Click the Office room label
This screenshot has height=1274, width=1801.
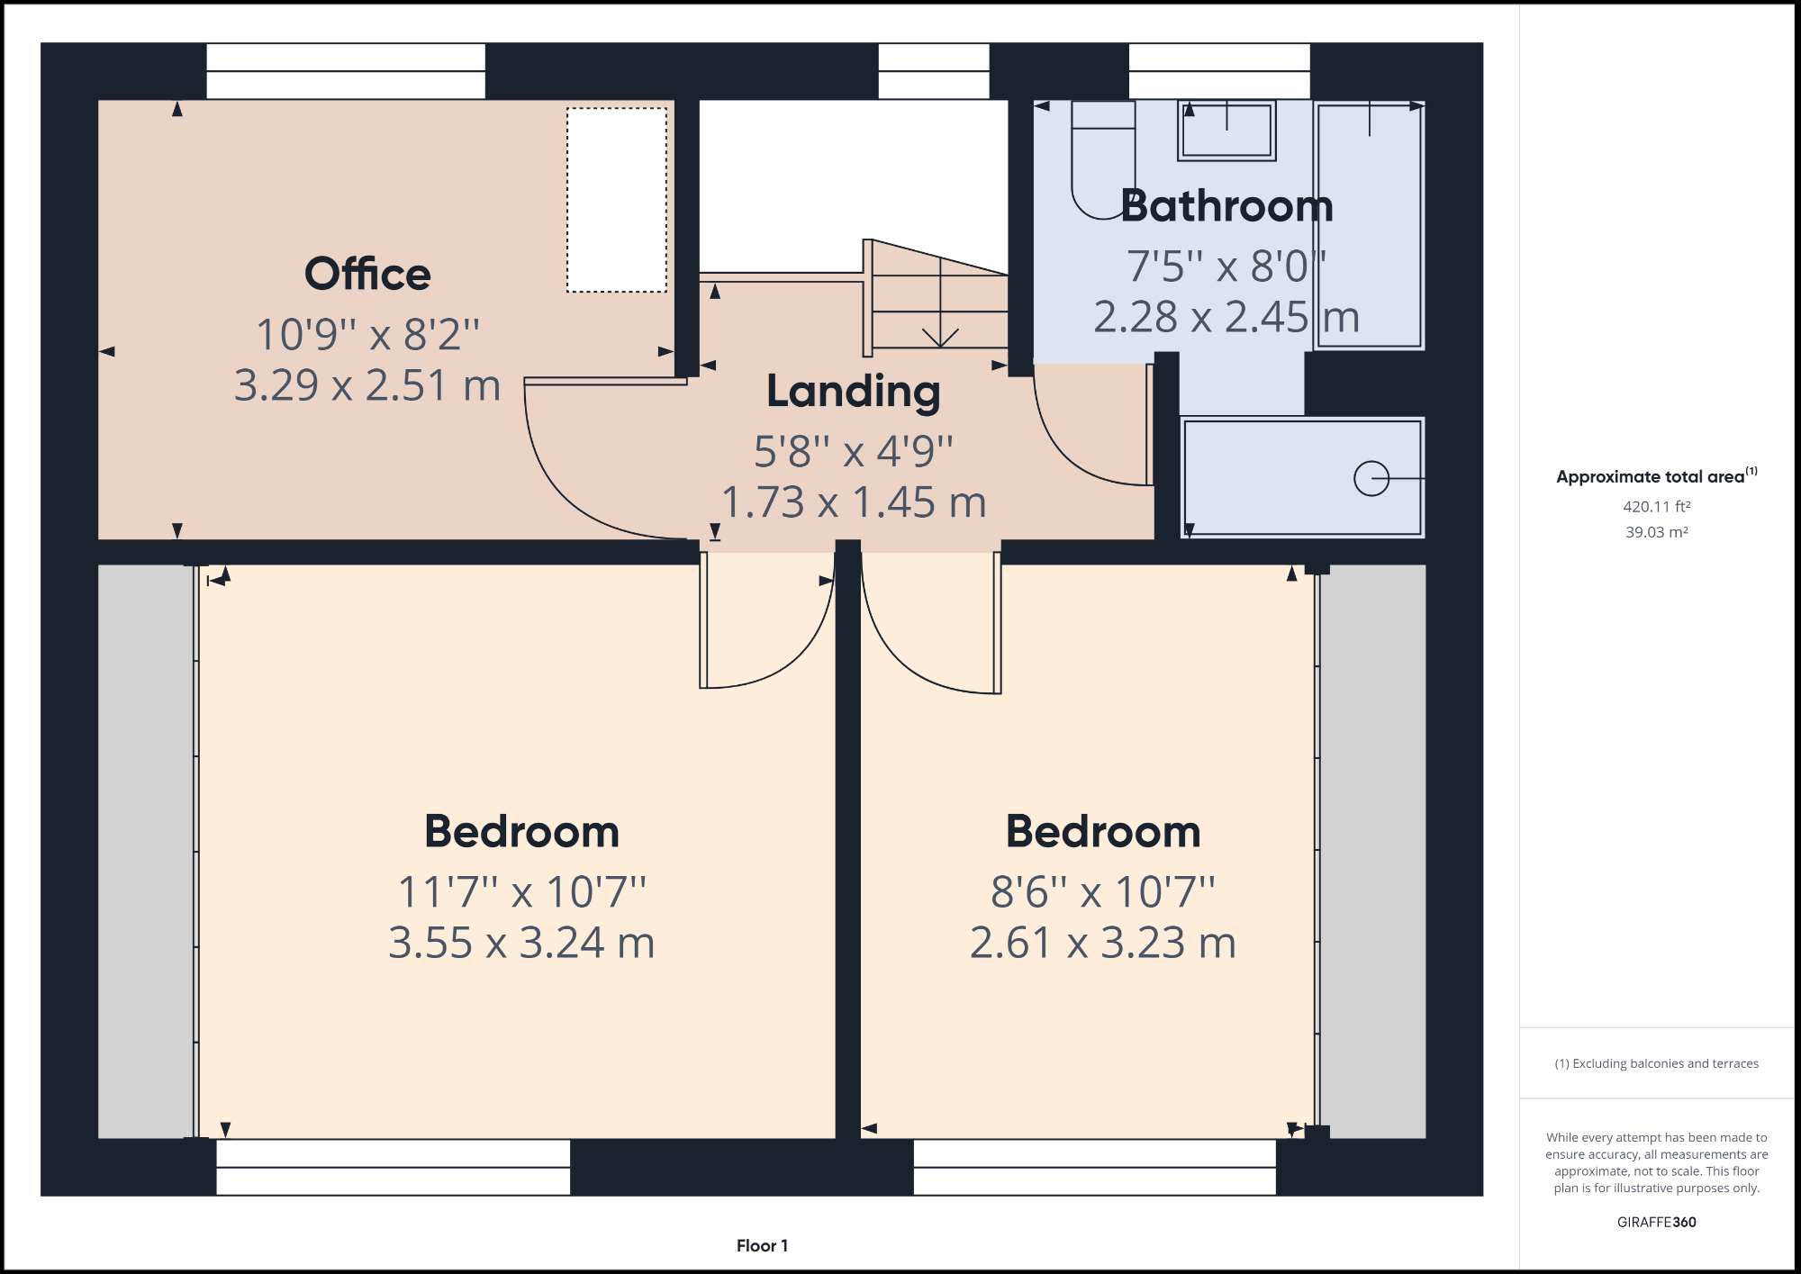coord(367,274)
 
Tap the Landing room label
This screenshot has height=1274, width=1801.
coord(853,392)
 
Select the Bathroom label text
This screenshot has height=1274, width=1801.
coord(1226,206)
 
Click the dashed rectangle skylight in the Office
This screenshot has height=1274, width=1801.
coord(617,200)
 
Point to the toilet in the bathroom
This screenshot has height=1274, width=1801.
coord(1102,162)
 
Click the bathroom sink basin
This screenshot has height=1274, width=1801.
coord(1226,131)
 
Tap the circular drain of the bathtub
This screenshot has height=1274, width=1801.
coord(1371,478)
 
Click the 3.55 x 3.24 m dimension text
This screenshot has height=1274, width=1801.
coord(521,943)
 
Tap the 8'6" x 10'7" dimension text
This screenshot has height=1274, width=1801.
coord(1102,892)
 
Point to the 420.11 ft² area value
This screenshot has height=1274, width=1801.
coord(1656,507)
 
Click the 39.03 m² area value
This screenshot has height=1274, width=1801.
coord(1656,532)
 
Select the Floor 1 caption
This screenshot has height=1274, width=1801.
coord(762,1246)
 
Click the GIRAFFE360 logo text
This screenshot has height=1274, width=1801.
coord(1656,1222)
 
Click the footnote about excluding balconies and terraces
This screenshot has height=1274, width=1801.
coord(1656,1063)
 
